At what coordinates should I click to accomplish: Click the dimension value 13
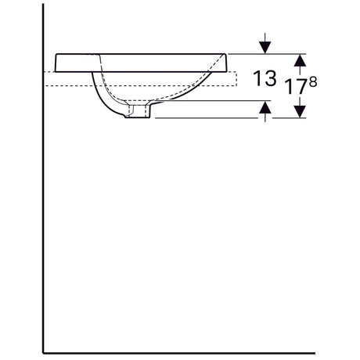265,78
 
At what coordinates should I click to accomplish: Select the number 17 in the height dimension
296,87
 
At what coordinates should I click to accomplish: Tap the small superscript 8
313,82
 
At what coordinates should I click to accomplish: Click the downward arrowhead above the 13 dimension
265,48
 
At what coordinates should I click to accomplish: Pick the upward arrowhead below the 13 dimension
265,107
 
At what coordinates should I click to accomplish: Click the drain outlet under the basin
139,111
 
